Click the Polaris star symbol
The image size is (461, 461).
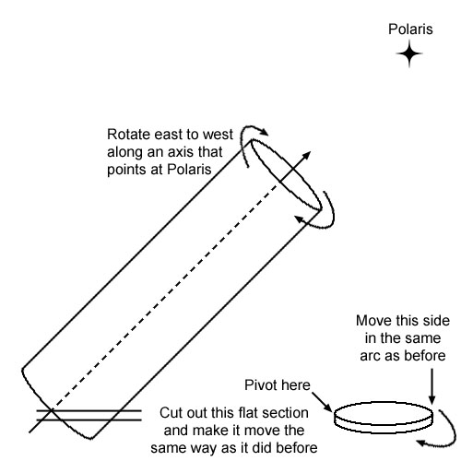(409, 53)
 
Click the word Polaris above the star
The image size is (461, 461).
(410, 30)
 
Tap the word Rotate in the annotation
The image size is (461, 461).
(128, 135)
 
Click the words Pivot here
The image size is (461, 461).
(278, 385)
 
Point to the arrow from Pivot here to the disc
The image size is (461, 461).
(322, 402)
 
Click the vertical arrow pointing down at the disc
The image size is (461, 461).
(431, 386)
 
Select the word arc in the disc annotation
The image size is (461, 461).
(371, 357)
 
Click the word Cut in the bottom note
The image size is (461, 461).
(170, 413)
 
